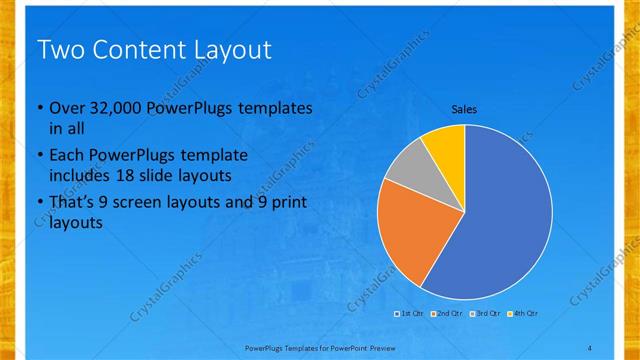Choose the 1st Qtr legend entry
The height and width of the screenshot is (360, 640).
click(411, 314)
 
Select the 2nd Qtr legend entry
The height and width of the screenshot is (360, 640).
click(448, 314)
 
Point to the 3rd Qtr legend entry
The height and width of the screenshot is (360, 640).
click(486, 314)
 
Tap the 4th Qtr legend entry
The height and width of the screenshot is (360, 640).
click(524, 314)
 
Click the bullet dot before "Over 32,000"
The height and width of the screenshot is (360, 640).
click(39, 109)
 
